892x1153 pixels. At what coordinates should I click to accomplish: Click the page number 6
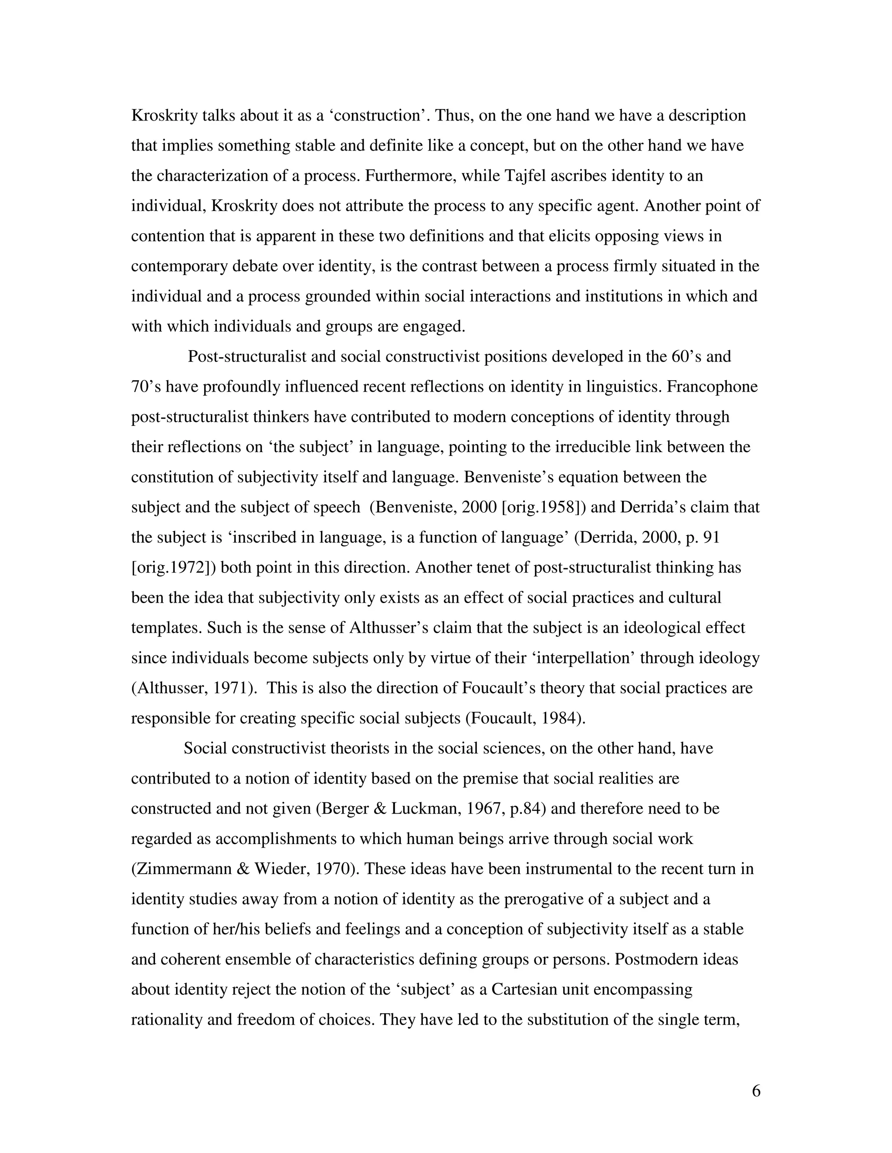756,1091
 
